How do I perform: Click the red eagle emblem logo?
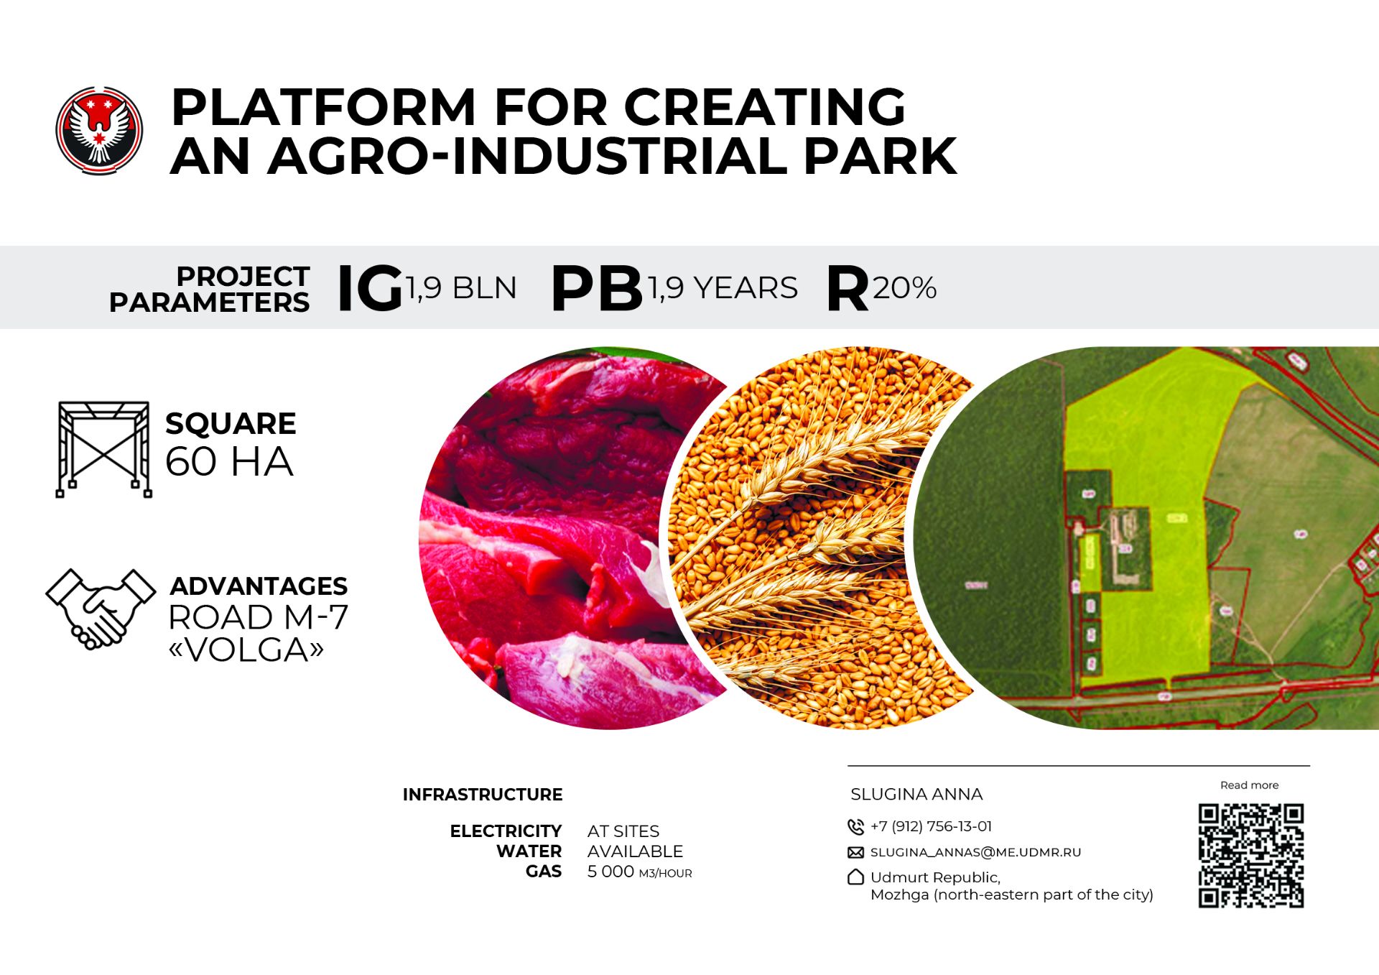99,130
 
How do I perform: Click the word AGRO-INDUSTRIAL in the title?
529,156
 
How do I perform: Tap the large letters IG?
370,288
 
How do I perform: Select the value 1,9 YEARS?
723,287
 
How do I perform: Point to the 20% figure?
904,287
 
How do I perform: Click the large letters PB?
596,288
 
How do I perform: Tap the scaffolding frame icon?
104,449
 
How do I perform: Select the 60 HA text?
229,461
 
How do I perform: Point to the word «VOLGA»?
246,650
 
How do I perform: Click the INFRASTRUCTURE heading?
483,795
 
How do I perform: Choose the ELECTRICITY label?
506,831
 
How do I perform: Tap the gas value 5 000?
610,872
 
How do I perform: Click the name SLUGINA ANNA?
916,794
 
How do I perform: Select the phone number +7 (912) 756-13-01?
931,826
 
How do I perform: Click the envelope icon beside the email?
855,853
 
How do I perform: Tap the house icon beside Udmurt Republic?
855,877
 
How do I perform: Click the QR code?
1250,856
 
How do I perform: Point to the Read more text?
1249,785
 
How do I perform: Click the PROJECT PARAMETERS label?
209,289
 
